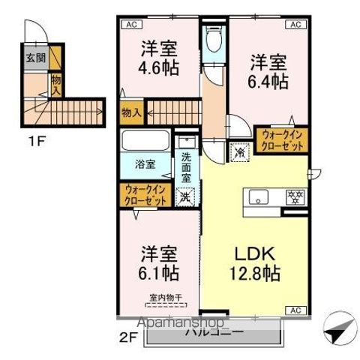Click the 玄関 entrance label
[34, 58]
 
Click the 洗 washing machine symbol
[184, 198]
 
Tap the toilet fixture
[214, 40]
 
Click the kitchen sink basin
[259, 198]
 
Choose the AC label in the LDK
[295, 310]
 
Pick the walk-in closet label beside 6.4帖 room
[282, 141]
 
